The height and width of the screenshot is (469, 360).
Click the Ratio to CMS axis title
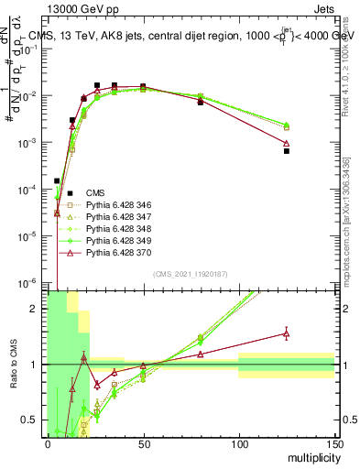click(x=15, y=364)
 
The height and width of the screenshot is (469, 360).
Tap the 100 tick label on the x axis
click(x=238, y=443)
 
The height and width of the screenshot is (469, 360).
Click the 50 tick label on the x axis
click(x=143, y=443)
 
